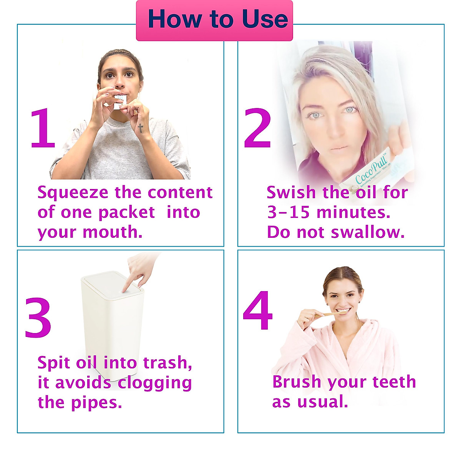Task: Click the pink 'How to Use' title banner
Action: [x=214, y=20]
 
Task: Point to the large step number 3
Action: [x=38, y=318]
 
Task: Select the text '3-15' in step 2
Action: [x=289, y=212]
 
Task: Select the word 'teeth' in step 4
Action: [x=394, y=382]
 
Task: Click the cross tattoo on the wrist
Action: [x=141, y=128]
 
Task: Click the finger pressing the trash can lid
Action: [x=133, y=282]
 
